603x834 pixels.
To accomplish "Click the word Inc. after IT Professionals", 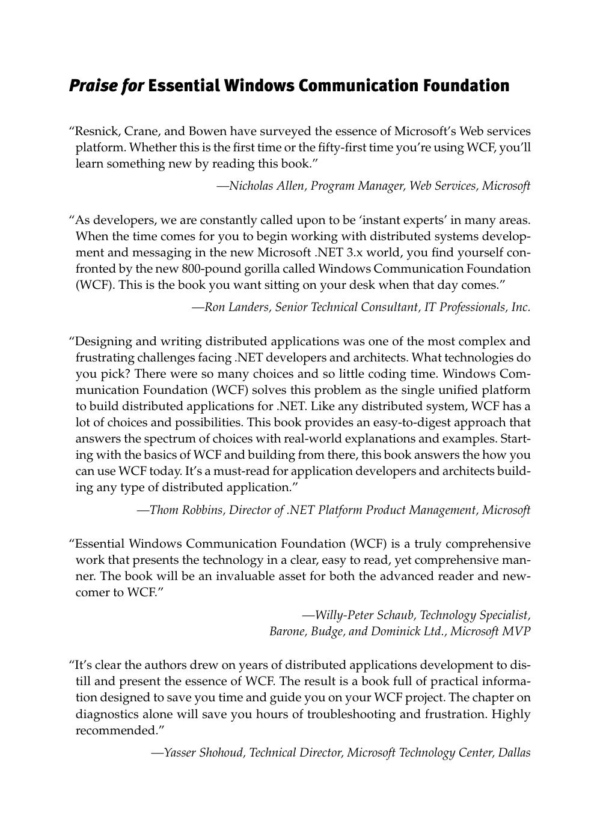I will coord(521,307).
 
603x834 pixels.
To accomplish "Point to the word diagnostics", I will coord(106,714).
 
